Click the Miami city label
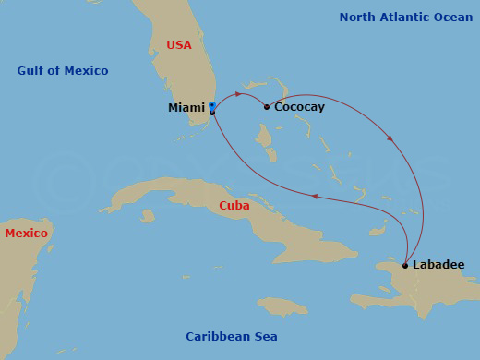pyautogui.click(x=186, y=108)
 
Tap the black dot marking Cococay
pyautogui.click(x=267, y=107)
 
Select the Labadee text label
pyautogui.click(x=438, y=265)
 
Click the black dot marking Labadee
pyautogui.click(x=405, y=266)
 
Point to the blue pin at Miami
pyautogui.click(x=211, y=105)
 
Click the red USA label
pyautogui.click(x=179, y=44)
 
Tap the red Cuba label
pyautogui.click(x=234, y=206)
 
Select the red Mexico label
pyautogui.click(x=26, y=234)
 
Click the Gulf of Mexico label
pyautogui.click(x=62, y=71)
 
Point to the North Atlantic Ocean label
pyautogui.click(x=405, y=18)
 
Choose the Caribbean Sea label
pyautogui.click(x=231, y=337)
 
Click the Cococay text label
pyautogui.click(x=299, y=108)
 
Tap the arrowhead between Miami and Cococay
pyautogui.click(x=239, y=94)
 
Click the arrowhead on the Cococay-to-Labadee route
pyautogui.click(x=390, y=139)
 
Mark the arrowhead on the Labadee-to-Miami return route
pyautogui.click(x=315, y=196)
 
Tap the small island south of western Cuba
pyautogui.click(x=147, y=215)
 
